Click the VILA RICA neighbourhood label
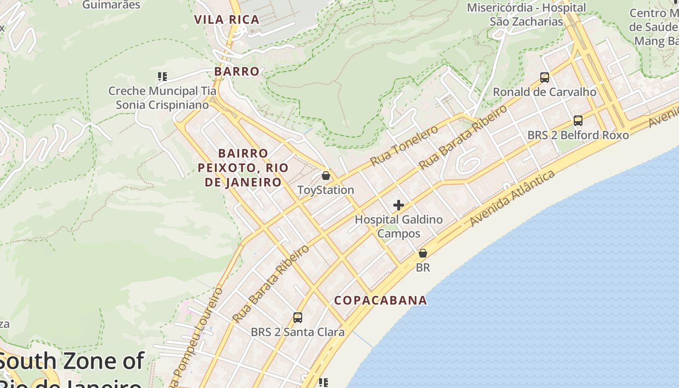(226, 20)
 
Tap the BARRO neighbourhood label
(237, 71)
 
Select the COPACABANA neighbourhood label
(381, 300)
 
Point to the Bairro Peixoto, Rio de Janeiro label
(243, 168)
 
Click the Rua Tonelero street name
(404, 145)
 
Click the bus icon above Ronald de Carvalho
(545, 78)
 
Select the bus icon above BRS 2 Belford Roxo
(578, 121)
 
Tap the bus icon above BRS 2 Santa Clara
(298, 318)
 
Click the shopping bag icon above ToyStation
(326, 176)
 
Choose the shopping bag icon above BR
(423, 253)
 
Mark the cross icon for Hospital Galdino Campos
(399, 205)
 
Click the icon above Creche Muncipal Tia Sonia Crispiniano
(162, 77)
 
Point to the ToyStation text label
(326, 190)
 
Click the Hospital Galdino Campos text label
(399, 226)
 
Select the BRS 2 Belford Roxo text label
(578, 135)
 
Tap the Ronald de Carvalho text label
(545, 92)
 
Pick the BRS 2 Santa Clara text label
(298, 332)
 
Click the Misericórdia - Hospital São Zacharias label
(526, 15)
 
